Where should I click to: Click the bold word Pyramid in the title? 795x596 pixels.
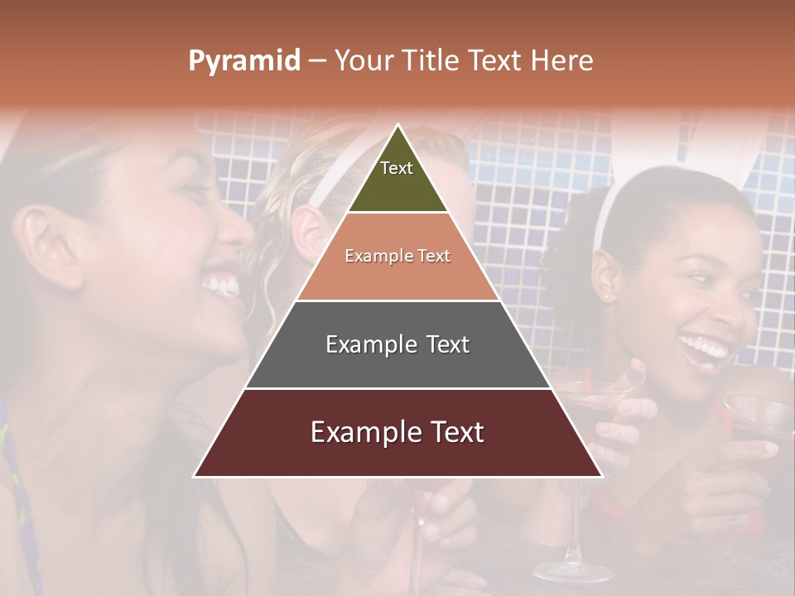point(244,61)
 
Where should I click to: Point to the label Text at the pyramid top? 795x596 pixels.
point(397,168)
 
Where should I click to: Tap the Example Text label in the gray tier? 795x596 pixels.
point(397,344)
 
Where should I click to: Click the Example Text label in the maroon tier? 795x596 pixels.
point(397,432)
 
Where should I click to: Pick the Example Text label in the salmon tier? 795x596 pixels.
point(397,256)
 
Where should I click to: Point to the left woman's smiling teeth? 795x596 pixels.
point(222,286)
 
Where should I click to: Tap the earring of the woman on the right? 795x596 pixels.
point(605,295)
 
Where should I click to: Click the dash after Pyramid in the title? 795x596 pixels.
point(317,61)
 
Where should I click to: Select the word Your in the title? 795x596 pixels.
point(363,61)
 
